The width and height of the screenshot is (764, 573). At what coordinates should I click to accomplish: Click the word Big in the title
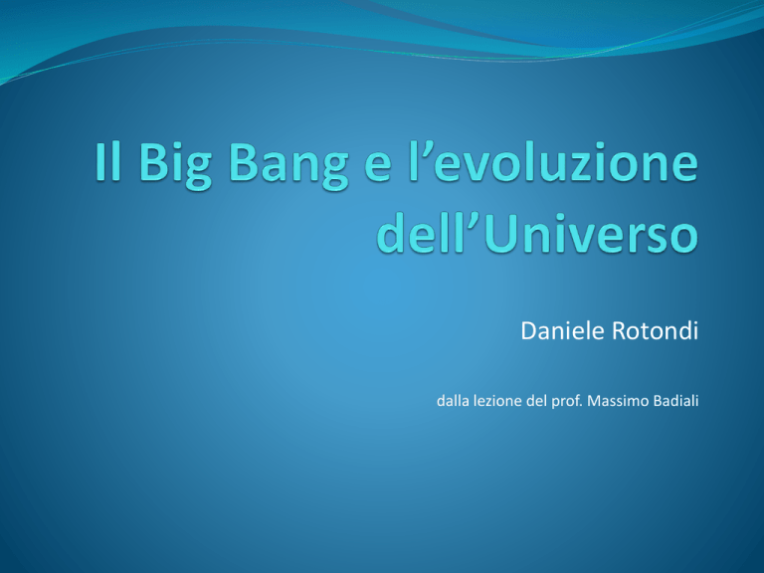[x=175, y=164]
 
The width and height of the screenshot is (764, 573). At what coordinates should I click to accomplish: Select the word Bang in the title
[x=288, y=164]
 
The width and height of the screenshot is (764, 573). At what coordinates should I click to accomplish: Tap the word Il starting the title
[x=107, y=161]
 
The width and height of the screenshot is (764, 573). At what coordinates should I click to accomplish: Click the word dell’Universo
[x=538, y=234]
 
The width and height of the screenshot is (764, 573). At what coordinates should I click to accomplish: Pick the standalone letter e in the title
[x=378, y=167]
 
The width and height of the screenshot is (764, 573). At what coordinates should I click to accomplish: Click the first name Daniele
[x=563, y=331]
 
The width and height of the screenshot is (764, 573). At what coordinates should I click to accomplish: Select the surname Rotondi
[x=655, y=331]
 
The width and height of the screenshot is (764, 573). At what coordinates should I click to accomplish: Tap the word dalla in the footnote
[x=453, y=401]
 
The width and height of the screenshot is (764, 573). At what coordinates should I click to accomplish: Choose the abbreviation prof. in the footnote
[x=567, y=402]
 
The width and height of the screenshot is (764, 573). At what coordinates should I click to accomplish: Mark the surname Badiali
[x=676, y=401]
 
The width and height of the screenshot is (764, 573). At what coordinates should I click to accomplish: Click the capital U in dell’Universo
[x=501, y=234]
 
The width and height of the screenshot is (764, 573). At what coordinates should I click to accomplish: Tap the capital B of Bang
[x=243, y=162]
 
